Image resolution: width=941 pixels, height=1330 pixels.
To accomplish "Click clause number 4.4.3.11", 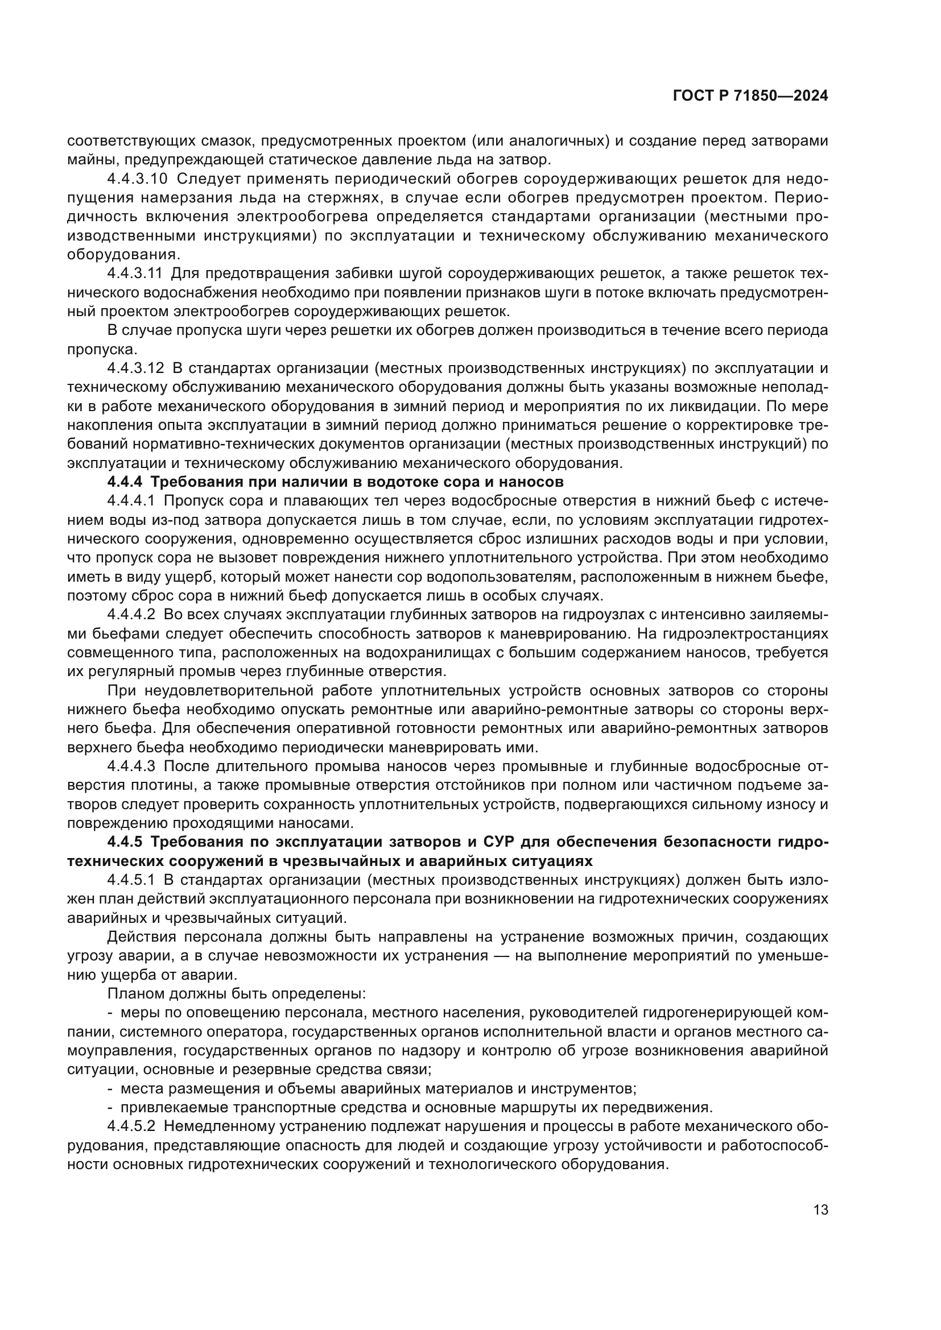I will [x=134, y=274].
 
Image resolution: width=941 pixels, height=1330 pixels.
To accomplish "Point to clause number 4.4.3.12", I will [x=134, y=368].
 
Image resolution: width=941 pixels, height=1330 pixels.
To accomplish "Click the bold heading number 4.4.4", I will [x=125, y=482].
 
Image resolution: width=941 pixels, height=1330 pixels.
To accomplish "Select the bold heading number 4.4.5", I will [x=125, y=842].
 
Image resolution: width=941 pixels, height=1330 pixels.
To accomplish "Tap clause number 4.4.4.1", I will [x=131, y=501].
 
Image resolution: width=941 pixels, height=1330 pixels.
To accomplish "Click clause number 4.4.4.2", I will [x=131, y=615].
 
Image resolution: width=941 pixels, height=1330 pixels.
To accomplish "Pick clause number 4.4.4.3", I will [x=131, y=767].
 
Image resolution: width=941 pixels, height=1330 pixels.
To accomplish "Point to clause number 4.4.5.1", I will [x=131, y=880].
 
